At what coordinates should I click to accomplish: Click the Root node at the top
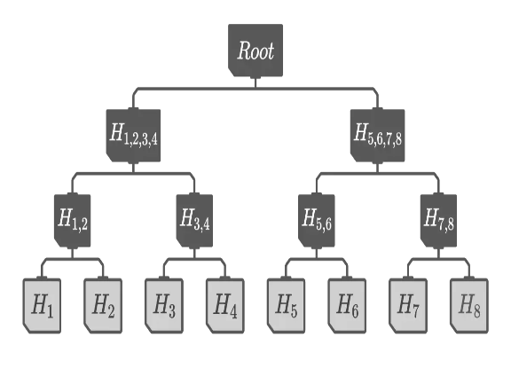click(x=255, y=51)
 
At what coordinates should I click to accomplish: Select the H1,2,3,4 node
click(x=133, y=136)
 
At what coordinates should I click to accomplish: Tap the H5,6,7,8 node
click(x=377, y=136)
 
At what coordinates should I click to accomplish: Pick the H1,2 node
click(x=73, y=221)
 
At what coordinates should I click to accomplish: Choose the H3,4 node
click(x=194, y=221)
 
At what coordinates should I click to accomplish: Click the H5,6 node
click(x=317, y=221)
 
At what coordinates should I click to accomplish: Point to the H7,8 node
click(x=438, y=221)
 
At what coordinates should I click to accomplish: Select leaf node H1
click(x=42, y=306)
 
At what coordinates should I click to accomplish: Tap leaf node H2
click(x=103, y=306)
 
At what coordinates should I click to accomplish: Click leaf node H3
click(x=164, y=306)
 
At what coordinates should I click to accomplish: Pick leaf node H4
click(x=224, y=306)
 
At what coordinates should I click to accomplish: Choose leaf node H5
click(x=286, y=306)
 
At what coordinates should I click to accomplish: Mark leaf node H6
click(x=347, y=306)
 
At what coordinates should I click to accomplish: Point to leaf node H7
click(x=408, y=306)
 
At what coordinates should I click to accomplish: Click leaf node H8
click(x=469, y=306)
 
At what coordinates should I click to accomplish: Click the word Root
click(x=255, y=51)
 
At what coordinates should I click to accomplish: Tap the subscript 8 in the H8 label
click(x=476, y=311)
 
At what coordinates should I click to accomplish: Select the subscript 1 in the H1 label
click(x=50, y=311)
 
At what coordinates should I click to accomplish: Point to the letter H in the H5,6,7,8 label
click(x=361, y=132)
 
